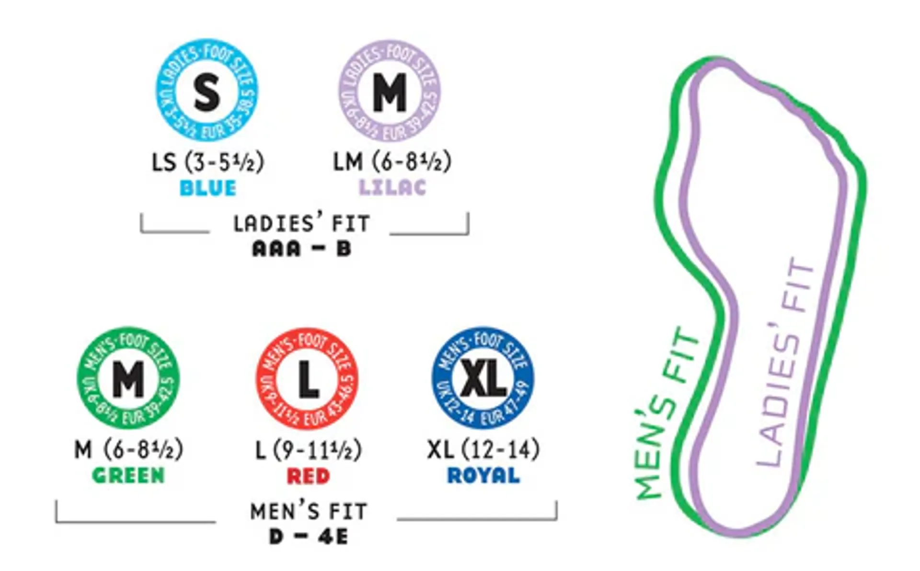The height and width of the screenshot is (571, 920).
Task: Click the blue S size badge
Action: [207, 91]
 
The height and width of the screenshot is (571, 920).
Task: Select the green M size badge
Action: [128, 378]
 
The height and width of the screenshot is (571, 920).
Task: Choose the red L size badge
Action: [307, 379]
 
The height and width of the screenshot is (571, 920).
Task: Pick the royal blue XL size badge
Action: [483, 378]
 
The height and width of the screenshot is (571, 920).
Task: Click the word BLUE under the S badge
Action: [208, 188]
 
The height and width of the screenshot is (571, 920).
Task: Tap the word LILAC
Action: [392, 187]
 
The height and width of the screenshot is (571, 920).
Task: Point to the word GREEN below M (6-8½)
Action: [128, 476]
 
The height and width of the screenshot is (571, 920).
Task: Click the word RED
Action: [308, 476]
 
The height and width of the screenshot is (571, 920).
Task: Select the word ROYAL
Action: [483, 476]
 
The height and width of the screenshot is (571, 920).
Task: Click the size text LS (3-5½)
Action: [208, 162]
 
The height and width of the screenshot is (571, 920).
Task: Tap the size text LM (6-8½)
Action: [392, 162]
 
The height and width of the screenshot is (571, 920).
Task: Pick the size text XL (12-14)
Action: [483, 450]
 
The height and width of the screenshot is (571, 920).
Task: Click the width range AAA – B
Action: [302, 249]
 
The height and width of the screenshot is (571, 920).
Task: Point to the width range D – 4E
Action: [308, 537]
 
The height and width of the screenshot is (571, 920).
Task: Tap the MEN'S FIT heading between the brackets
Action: [309, 512]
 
